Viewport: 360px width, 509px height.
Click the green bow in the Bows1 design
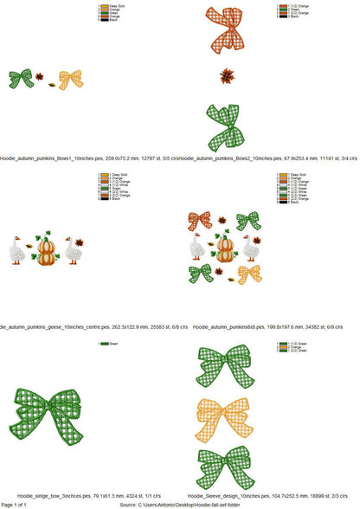pos(21,78)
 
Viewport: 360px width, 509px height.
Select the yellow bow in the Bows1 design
pos(71,79)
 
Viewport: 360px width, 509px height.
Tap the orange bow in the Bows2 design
pos(223,33)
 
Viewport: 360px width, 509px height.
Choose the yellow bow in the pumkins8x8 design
pos(249,274)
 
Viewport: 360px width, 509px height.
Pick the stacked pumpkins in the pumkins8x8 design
pos(225,248)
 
